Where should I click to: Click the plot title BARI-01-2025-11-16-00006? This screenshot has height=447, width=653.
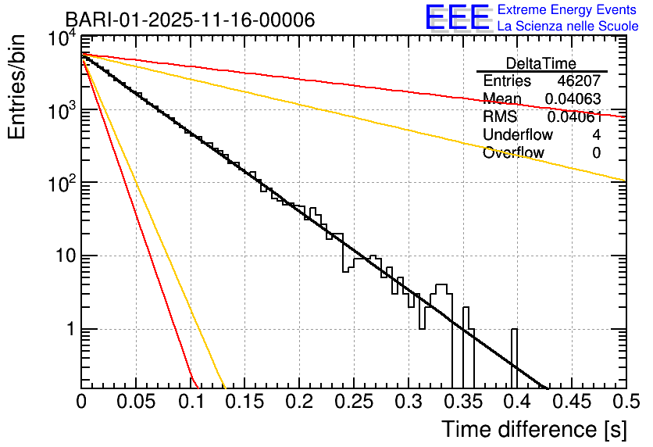click(190, 20)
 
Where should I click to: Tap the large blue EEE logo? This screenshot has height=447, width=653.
click(457, 18)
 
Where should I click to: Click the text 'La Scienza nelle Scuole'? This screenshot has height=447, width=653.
click(568, 27)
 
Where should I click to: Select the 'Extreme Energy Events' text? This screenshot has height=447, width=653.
click(568, 10)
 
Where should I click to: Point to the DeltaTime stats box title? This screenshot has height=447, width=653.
click(541, 63)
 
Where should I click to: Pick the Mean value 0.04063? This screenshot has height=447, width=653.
click(573, 99)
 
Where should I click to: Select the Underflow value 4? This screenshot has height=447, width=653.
click(597, 135)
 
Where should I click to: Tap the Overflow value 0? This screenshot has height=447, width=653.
click(597, 153)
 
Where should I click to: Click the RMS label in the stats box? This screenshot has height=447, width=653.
click(500, 117)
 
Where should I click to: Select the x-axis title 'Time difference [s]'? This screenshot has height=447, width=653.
click(533, 430)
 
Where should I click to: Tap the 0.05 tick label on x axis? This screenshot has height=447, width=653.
click(136, 402)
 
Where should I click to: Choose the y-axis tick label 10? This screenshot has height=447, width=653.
click(63, 256)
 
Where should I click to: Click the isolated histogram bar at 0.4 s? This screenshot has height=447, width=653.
click(514, 356)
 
